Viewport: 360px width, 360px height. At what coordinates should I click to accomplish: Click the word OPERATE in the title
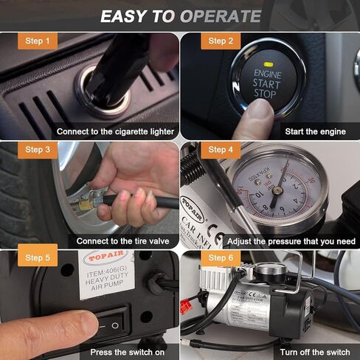220,16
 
